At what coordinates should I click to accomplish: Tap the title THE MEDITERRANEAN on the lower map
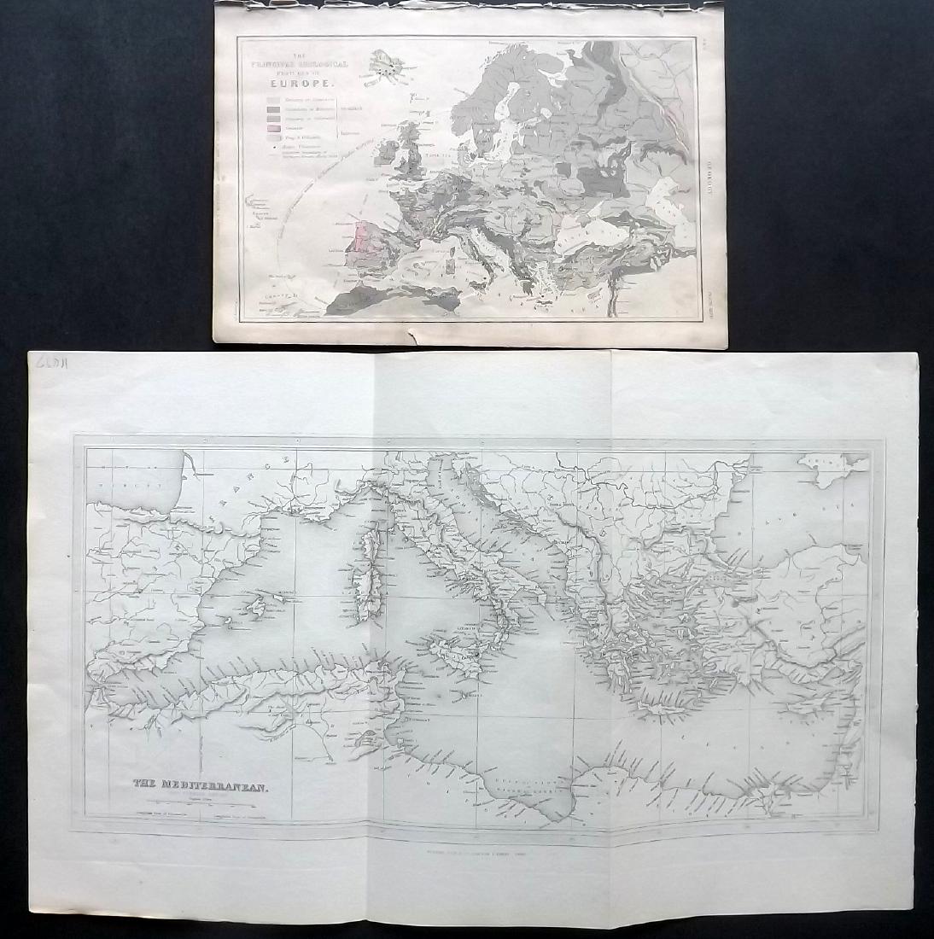[201, 785]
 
